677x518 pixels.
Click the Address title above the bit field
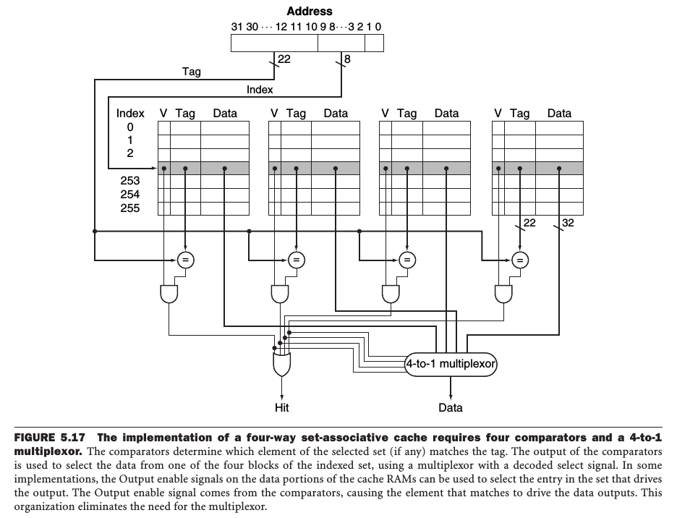tap(310, 12)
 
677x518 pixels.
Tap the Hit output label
tap(282, 408)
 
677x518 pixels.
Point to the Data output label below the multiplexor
tap(451, 408)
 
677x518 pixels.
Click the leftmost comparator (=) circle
tap(185, 259)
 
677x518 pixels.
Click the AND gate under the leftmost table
tap(169, 293)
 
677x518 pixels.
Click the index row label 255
tap(130, 208)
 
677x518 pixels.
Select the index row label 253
tap(130, 181)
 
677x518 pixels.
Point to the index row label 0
tap(130, 127)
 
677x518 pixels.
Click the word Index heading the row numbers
tap(130, 114)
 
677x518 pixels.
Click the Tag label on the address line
tap(192, 72)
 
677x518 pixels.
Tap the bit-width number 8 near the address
tap(347, 59)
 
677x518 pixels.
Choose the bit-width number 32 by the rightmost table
tap(568, 223)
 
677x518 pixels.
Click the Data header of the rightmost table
tap(559, 114)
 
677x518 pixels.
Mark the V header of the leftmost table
tap(163, 114)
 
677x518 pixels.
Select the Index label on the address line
tap(260, 90)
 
